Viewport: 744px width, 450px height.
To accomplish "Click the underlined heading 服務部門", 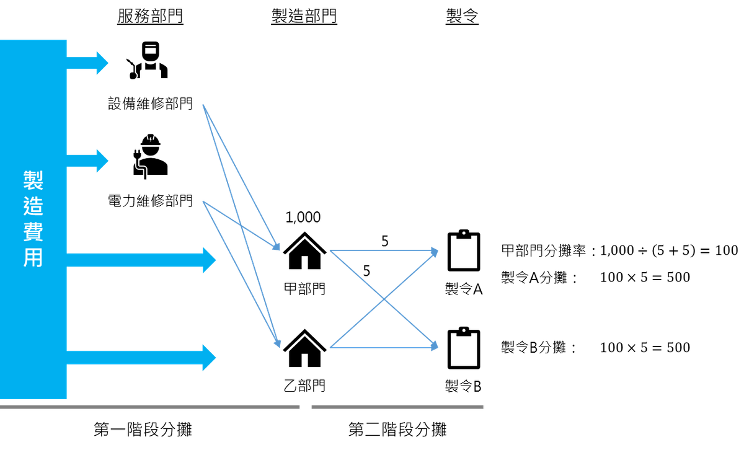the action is click(150, 16).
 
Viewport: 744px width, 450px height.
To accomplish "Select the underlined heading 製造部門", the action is click(304, 16).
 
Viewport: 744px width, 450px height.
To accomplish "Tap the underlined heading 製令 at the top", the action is click(462, 16).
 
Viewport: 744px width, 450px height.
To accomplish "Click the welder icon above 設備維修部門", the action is click(147, 60).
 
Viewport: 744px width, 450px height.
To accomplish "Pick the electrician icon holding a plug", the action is click(150, 156).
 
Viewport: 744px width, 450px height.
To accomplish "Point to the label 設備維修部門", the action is click(150, 104).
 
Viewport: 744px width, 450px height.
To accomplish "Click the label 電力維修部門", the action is click(150, 201).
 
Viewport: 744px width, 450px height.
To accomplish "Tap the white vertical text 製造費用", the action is click(33, 219).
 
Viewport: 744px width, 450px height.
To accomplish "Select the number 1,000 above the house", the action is click(303, 217).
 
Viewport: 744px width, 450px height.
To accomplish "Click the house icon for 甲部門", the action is click(304, 250).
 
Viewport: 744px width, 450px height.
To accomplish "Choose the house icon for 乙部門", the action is click(304, 348).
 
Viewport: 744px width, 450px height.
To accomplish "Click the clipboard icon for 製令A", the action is click(464, 250).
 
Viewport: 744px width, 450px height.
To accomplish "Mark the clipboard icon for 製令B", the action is click(464, 348).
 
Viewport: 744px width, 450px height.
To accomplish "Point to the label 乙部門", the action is click(304, 386).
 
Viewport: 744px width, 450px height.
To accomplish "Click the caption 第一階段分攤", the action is click(143, 430).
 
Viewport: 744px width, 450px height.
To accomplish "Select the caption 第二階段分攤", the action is click(397, 430).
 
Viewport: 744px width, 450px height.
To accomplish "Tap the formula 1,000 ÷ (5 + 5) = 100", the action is click(669, 250).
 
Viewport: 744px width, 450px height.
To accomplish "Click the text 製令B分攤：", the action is click(539, 347).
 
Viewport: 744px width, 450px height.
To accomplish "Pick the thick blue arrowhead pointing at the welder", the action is click(102, 63).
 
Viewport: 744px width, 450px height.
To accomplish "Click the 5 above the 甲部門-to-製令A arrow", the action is click(384, 241).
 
